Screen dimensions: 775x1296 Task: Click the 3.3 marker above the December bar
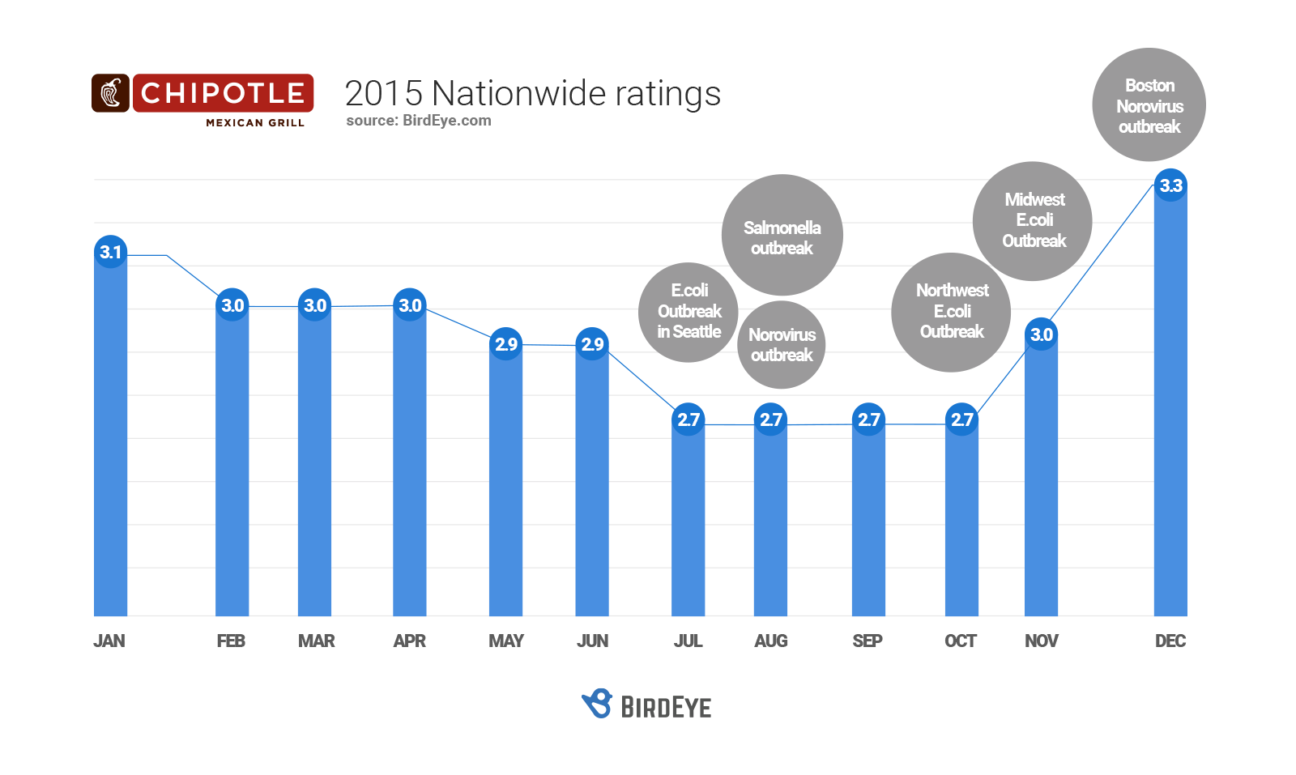tap(1170, 186)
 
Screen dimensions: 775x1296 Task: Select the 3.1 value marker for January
tap(111, 252)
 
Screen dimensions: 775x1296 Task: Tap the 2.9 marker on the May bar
tap(506, 344)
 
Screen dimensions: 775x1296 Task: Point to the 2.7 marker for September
tap(868, 419)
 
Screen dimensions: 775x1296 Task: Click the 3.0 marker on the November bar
tap(1041, 334)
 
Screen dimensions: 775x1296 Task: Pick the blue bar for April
tap(410, 470)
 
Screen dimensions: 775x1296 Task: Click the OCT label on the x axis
tap(961, 641)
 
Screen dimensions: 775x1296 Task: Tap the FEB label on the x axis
tap(231, 641)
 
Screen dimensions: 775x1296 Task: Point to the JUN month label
tap(592, 641)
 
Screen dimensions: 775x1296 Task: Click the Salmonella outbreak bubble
tap(782, 236)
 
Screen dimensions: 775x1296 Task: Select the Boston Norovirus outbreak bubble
tap(1149, 105)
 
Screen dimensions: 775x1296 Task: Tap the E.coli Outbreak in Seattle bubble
tap(688, 312)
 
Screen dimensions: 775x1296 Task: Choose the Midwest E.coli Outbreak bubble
tap(1033, 220)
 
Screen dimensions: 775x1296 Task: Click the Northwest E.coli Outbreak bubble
tap(951, 312)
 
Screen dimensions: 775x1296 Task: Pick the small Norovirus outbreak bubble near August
tap(781, 345)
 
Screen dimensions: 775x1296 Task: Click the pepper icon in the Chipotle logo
tap(111, 93)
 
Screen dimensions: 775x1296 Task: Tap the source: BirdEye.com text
tap(418, 121)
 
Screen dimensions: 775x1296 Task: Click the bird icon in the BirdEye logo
tap(598, 704)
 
